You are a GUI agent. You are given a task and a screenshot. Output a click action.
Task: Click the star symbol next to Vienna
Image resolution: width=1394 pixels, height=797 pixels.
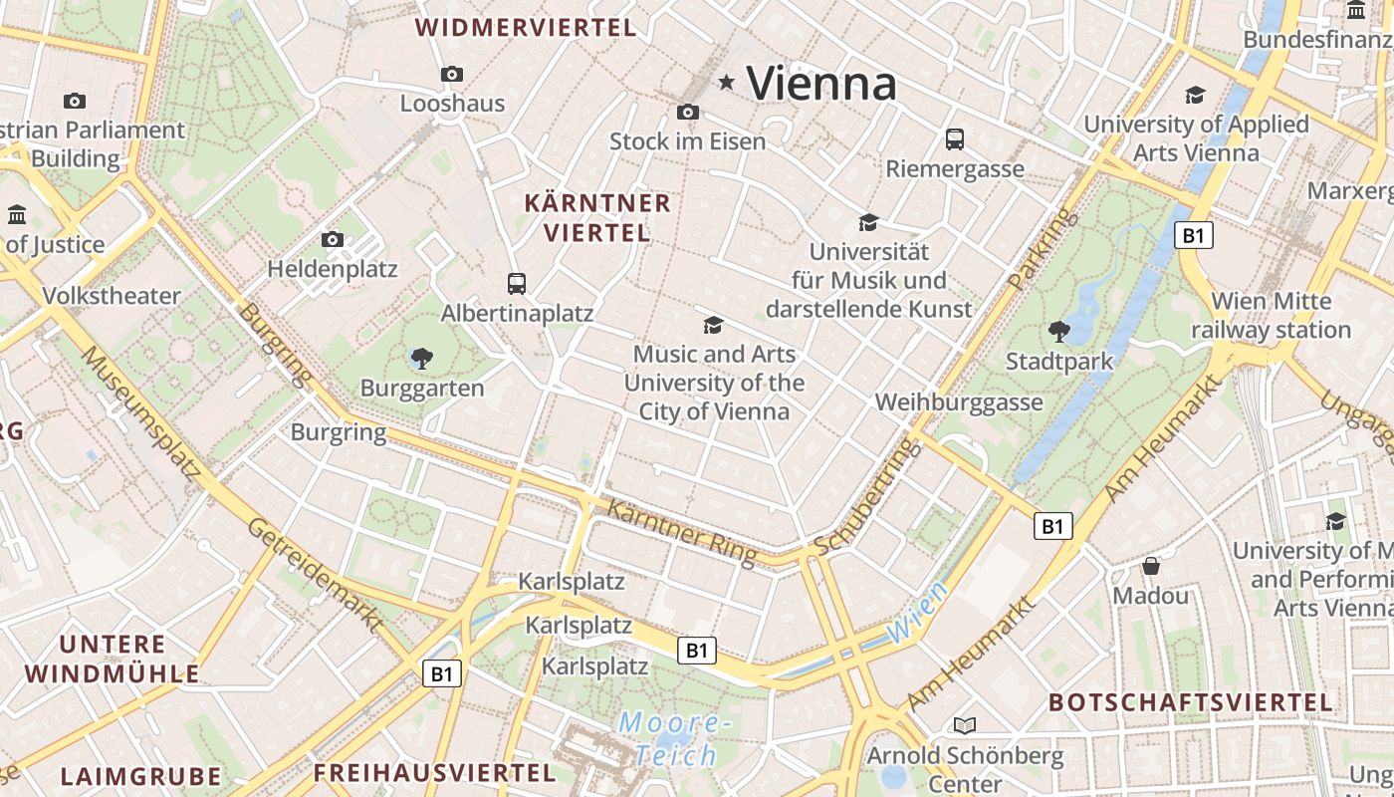727,83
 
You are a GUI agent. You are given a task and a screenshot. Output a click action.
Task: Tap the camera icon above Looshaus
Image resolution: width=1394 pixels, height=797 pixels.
452,74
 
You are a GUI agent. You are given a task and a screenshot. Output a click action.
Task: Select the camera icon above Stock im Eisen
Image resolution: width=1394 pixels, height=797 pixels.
687,112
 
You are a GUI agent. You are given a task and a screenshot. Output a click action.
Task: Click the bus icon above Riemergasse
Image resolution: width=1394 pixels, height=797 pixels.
955,138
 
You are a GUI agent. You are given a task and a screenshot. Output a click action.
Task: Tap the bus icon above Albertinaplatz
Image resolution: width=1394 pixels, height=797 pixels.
516,283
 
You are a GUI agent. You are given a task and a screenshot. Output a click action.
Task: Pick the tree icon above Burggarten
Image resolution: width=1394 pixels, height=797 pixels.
421,358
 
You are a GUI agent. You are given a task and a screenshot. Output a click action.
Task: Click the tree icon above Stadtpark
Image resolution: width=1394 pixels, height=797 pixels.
1059,331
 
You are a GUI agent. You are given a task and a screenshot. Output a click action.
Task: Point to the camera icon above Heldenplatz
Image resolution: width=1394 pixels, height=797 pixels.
333,239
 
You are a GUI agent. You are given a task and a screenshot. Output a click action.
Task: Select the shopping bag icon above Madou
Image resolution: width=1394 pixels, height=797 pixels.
1151,566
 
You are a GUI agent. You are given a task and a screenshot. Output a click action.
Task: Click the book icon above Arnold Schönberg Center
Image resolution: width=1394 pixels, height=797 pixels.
964,725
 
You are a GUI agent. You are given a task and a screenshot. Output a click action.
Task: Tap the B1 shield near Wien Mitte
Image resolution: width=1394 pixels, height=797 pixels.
1194,236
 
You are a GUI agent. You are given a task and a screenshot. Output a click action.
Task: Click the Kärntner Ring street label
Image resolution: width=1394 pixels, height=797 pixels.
681,532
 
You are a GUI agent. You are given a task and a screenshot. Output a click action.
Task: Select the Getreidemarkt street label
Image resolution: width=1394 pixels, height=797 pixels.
315,575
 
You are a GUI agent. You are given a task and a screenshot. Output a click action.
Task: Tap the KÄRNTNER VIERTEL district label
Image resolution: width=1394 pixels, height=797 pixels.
597,218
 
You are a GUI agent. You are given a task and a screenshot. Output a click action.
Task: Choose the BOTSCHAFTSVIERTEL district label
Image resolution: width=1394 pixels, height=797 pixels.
1190,702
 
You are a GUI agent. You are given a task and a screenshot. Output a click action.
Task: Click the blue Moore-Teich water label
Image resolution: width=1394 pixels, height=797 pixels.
676,738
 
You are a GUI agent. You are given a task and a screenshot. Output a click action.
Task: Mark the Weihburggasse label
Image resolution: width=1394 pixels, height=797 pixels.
959,402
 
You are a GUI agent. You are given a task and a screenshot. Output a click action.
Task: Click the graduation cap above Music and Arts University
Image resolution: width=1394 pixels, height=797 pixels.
713,325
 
